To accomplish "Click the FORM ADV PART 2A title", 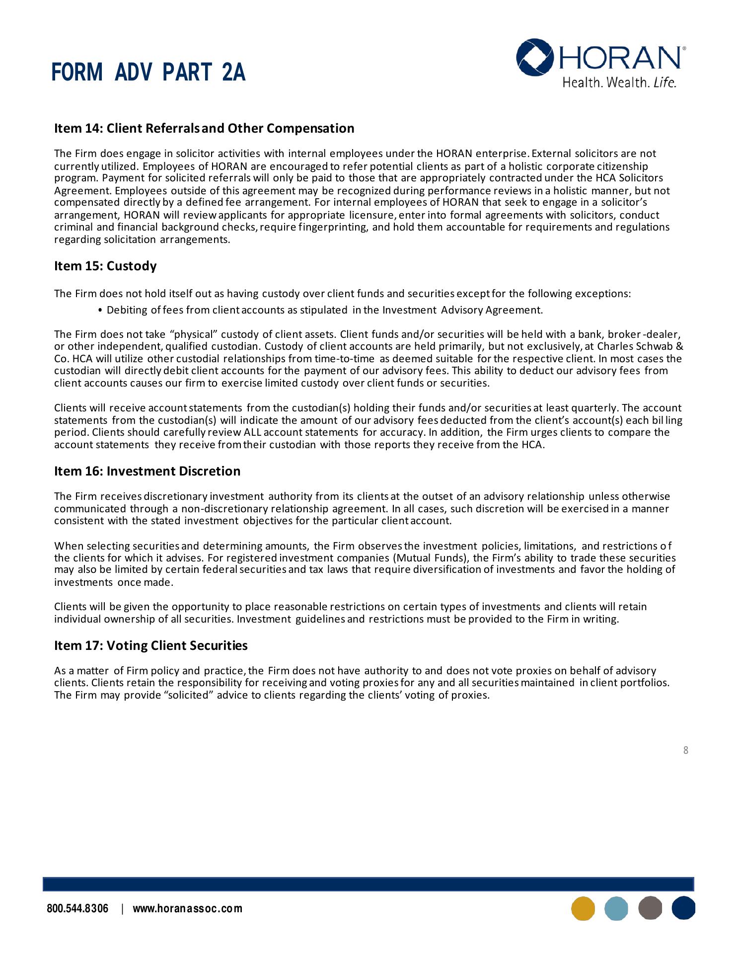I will (148, 73).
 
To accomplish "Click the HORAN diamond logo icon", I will (534, 57).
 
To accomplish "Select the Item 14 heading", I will (204, 128).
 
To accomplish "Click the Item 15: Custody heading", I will (105, 266).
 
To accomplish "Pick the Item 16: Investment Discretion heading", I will (147, 471).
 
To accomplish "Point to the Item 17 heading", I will (150, 645).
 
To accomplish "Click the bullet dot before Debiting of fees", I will (101, 311).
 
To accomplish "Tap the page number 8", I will (686, 750).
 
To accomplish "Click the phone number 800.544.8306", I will (77, 909).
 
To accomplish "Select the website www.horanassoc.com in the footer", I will (188, 909).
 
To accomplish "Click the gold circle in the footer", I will (583, 908).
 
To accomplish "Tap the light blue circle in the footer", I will (616, 908).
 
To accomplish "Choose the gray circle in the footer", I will (650, 908).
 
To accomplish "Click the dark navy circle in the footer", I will (683, 908).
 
